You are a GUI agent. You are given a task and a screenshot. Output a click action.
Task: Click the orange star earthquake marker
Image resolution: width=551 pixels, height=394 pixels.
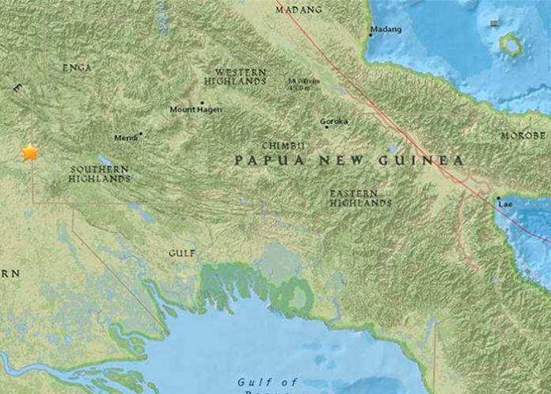pos(30,151)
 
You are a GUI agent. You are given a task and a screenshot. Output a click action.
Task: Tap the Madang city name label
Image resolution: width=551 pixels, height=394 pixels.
pos(387,30)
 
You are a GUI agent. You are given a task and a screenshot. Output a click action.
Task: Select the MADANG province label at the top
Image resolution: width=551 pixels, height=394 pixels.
pos(298,10)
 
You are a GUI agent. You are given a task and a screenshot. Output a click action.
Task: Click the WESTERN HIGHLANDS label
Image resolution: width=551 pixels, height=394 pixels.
pos(234,77)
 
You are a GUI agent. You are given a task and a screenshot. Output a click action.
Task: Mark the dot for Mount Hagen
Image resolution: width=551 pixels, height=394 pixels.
pos(201,103)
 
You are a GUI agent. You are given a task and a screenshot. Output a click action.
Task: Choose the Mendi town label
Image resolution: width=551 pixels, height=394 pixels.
pos(126,137)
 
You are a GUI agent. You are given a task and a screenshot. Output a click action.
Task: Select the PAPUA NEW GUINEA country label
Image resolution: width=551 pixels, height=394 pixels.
pos(348,160)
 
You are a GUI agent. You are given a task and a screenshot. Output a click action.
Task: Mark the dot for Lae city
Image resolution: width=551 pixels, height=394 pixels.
pos(497,198)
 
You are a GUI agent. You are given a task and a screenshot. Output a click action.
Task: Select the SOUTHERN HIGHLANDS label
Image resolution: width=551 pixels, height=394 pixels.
pos(101,174)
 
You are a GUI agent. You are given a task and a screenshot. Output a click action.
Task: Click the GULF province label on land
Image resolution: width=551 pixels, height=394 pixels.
pos(182,253)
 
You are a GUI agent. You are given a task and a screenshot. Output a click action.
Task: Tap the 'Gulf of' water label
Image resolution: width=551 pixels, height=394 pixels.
pos(267,382)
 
